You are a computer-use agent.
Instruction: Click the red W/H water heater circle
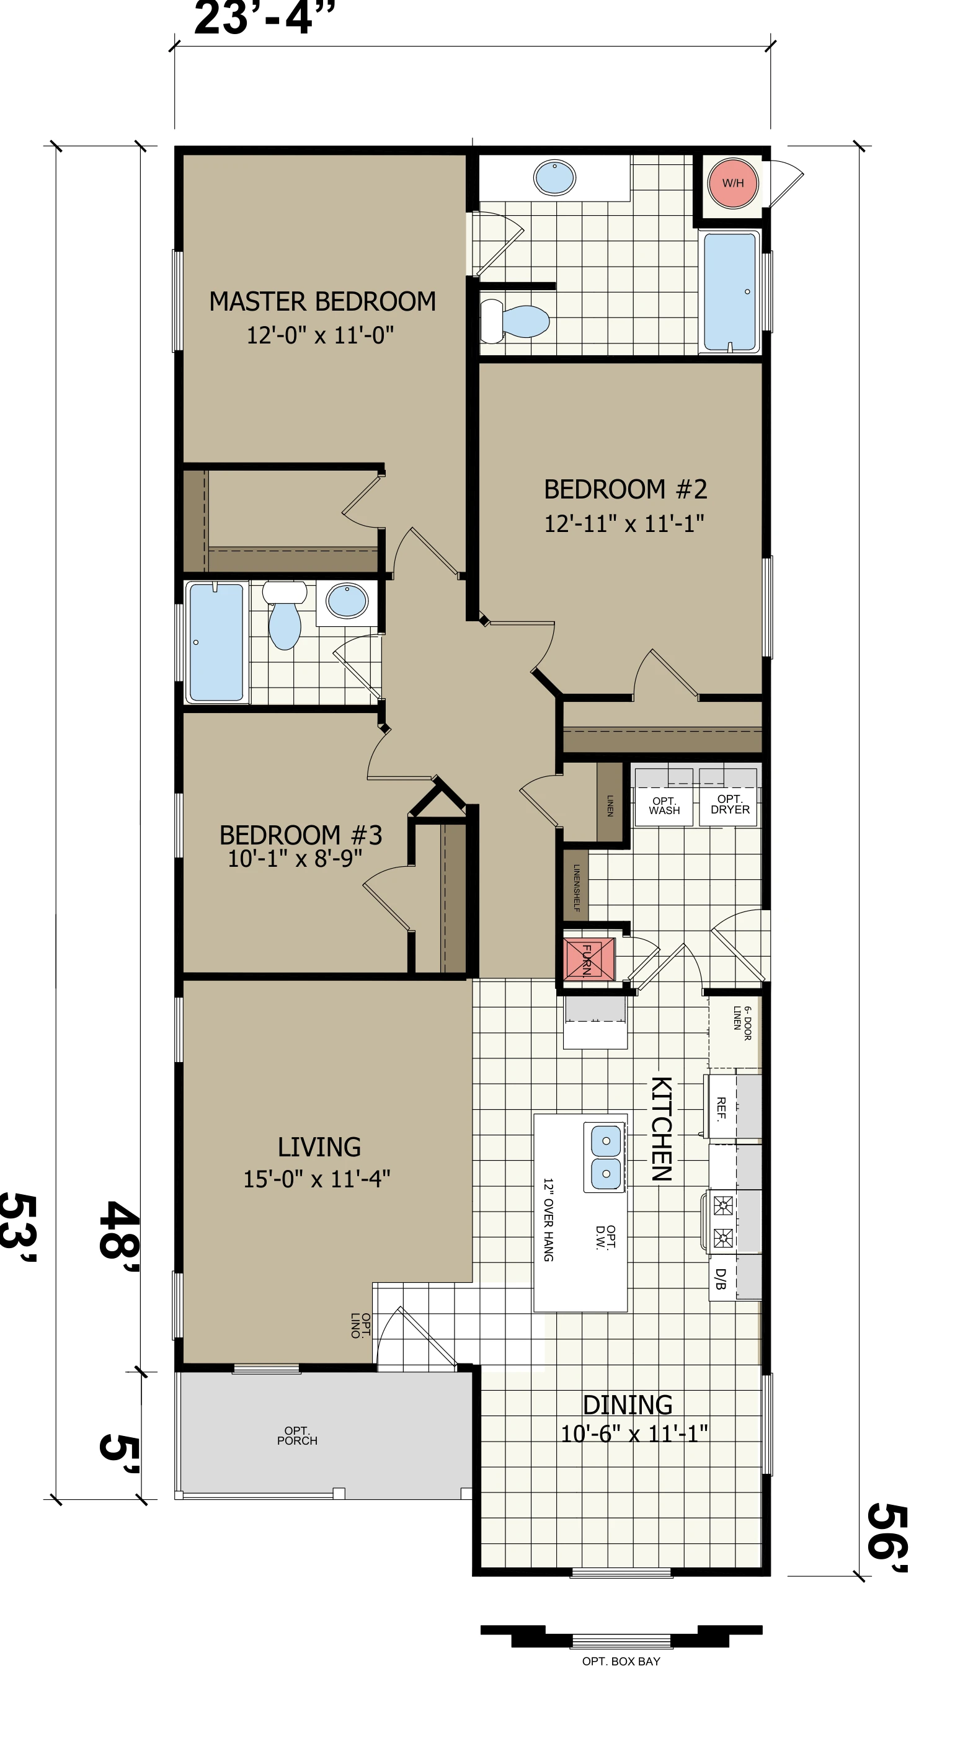(733, 183)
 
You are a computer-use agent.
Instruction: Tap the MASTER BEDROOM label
(322, 301)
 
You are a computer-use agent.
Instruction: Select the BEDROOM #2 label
(626, 489)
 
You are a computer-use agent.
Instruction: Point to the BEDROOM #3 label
(301, 835)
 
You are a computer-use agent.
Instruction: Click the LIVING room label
(319, 1147)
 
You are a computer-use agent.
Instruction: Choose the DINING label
(628, 1405)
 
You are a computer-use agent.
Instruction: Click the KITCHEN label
(662, 1128)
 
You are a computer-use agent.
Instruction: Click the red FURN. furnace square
(589, 959)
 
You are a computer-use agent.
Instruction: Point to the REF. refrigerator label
(721, 1107)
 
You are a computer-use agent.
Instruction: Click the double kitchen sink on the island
(606, 1157)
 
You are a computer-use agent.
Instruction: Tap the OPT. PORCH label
(297, 1435)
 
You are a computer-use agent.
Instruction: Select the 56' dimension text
(887, 1538)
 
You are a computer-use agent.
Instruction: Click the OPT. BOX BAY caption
(621, 1661)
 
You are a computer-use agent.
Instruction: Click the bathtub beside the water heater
(729, 291)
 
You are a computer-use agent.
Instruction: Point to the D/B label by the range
(721, 1279)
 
